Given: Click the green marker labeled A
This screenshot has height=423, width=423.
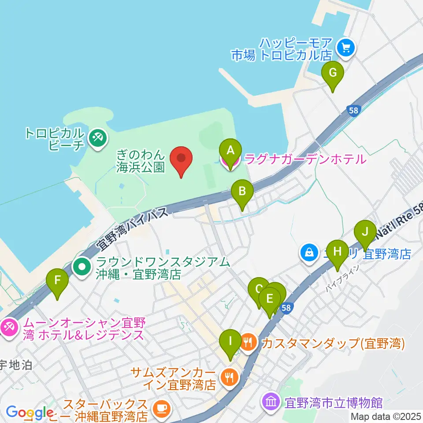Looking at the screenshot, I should click(230, 151).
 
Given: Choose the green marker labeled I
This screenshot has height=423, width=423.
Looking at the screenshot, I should click(230, 341).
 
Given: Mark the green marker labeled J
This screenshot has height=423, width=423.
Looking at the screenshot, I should click(365, 232).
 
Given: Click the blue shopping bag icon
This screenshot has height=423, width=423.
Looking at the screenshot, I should click(309, 253).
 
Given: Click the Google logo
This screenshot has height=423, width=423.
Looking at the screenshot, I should click(30, 413).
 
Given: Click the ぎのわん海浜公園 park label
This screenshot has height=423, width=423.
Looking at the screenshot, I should click(141, 160).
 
